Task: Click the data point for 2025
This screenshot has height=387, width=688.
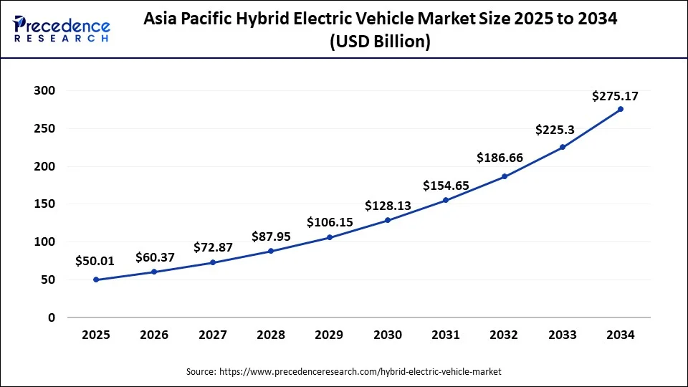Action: (96, 279)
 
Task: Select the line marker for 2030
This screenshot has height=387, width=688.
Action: (388, 220)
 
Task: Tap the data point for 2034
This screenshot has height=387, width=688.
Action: (621, 109)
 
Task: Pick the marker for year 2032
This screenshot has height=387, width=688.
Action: (505, 176)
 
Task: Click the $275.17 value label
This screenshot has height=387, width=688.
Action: (615, 96)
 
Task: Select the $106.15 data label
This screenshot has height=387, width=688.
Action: (330, 222)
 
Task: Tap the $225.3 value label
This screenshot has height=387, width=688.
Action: (555, 130)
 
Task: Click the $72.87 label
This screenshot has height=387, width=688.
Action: (213, 247)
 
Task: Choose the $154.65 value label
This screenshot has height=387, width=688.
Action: (446, 186)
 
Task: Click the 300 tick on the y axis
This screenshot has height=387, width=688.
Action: (44, 91)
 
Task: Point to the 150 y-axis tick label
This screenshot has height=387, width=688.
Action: (44, 204)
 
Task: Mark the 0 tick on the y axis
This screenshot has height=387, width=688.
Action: (51, 317)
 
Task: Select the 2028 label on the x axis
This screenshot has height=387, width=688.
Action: (271, 335)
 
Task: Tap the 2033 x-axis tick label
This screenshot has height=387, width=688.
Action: (563, 335)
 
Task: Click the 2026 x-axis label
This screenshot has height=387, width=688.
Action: (154, 335)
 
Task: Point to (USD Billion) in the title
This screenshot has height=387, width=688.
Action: (380, 42)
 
